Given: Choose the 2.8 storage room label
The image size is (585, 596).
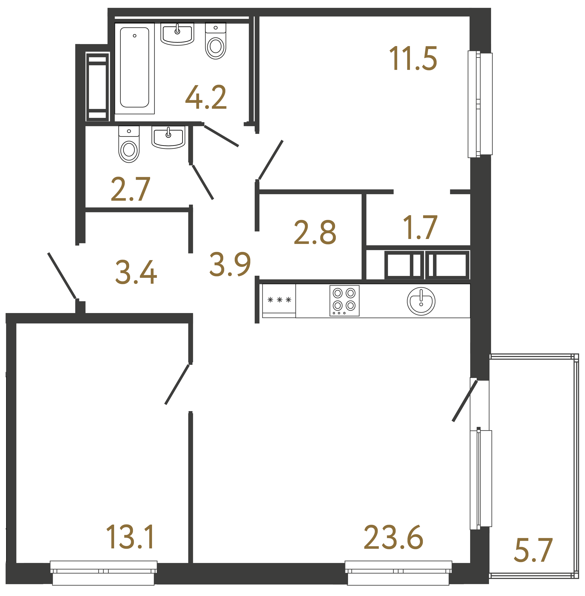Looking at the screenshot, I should pyautogui.click(x=315, y=232).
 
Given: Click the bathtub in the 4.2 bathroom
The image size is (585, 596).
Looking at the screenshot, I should pyautogui.click(x=134, y=68).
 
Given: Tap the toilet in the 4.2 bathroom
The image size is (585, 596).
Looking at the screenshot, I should pyautogui.click(x=216, y=42).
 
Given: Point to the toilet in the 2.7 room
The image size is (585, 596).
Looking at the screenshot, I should pyautogui.click(x=129, y=144).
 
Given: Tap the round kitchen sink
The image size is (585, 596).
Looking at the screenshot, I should pyautogui.click(x=421, y=301).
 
